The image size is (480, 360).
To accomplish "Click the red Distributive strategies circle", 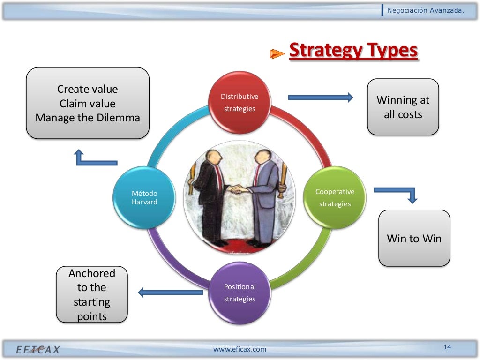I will tap(240, 102).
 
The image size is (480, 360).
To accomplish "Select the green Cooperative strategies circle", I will tap(335, 197).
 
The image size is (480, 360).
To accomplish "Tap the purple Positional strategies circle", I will tap(240, 293).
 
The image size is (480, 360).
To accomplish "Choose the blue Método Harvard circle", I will tap(144, 197).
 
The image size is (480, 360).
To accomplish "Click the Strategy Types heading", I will tap(352, 51).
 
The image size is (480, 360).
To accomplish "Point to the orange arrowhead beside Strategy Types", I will tap(277, 54).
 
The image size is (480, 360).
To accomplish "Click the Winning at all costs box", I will tap(403, 107).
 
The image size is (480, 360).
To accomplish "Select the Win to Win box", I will tap(414, 238).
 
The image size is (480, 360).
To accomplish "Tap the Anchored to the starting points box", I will tap(92, 294).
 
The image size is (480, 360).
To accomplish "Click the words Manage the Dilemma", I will tap(88, 118).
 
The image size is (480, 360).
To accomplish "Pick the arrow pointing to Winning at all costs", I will tap(320, 97).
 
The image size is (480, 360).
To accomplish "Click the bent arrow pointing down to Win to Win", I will tap(396, 194).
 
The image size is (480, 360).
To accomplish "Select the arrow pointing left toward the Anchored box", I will tap(170, 292).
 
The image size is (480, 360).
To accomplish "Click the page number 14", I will tap(447, 347).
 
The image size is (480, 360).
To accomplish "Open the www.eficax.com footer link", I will tap(240, 349).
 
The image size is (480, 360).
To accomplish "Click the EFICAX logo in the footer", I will tap(38, 350).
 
